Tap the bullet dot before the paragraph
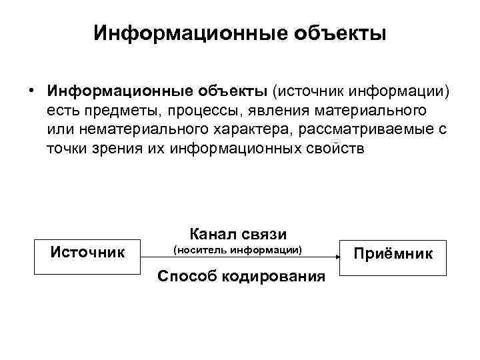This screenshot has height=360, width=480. pyautogui.click(x=31, y=90)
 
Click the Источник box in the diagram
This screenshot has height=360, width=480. pyautogui.click(x=87, y=255)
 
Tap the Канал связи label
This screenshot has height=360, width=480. pyautogui.click(x=237, y=233)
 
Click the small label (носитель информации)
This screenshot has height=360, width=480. pyautogui.click(x=237, y=251)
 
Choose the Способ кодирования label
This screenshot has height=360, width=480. pyautogui.click(x=241, y=275)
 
